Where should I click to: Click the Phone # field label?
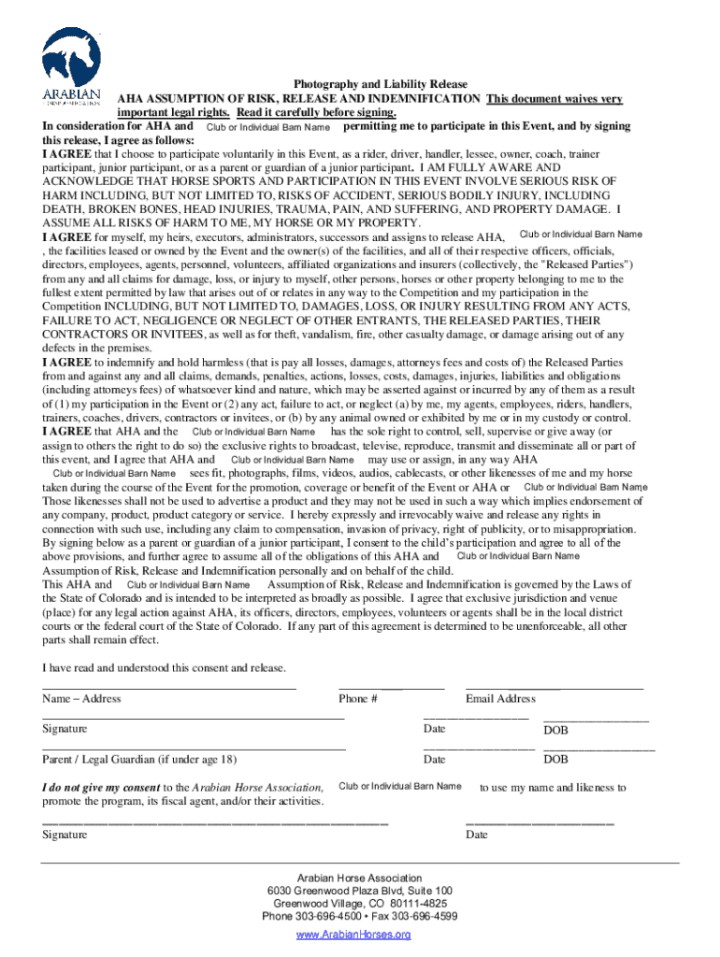point(358,699)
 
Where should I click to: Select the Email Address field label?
point(500,699)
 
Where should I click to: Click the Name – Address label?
point(81,699)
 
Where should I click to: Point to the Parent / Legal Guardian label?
point(139,759)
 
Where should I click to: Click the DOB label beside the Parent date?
point(555,760)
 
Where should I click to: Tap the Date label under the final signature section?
point(476,835)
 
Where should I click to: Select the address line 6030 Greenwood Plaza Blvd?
point(359,892)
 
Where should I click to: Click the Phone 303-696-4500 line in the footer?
point(359,917)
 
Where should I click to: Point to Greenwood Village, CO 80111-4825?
point(359,905)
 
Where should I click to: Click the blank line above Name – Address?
point(169,688)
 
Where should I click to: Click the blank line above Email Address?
point(554,688)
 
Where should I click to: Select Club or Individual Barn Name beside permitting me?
point(267,126)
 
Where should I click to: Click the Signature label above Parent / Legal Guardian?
point(65,729)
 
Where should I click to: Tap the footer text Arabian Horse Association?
point(359,878)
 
